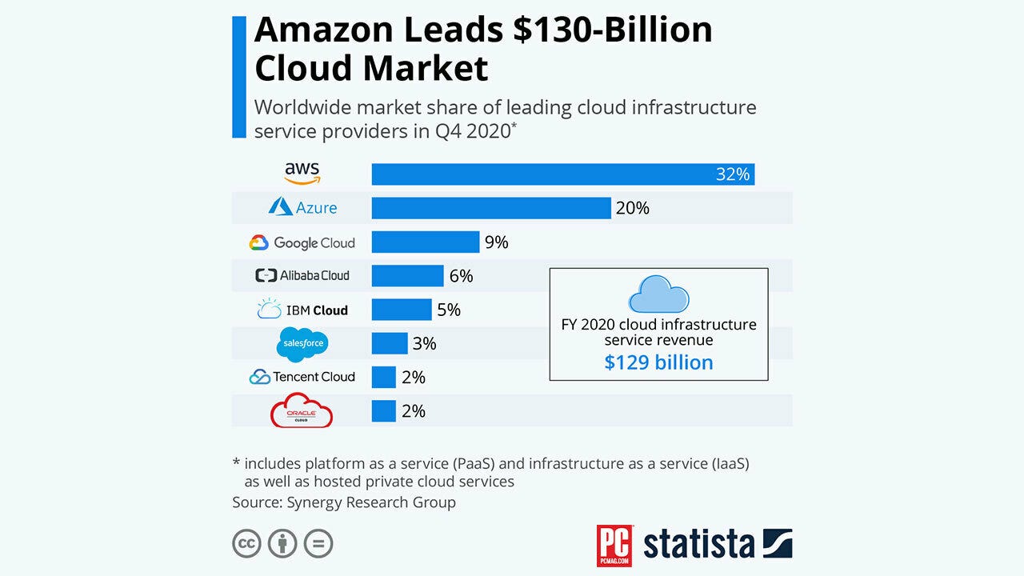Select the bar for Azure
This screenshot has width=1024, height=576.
pyautogui.click(x=491, y=208)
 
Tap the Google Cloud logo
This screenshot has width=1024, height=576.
pyautogui.click(x=302, y=242)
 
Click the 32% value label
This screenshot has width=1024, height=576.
pyautogui.click(x=732, y=174)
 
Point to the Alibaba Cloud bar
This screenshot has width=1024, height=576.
pyautogui.click(x=407, y=276)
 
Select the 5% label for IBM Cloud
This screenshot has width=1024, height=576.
pyautogui.click(x=449, y=310)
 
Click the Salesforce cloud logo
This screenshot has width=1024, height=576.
pyautogui.click(x=302, y=344)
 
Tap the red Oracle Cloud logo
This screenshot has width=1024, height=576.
pyautogui.click(x=302, y=410)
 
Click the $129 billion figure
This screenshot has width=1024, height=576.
pyautogui.click(x=658, y=362)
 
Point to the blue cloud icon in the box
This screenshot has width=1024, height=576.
pyautogui.click(x=658, y=294)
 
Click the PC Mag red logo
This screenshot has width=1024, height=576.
pyautogui.click(x=614, y=546)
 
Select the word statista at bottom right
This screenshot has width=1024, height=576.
pyautogui.click(x=698, y=544)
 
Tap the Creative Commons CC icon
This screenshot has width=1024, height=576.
pyautogui.click(x=247, y=543)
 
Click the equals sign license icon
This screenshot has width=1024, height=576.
pyautogui.click(x=318, y=543)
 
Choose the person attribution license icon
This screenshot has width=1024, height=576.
pyautogui.click(x=282, y=543)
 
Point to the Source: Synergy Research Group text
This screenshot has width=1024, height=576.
pyautogui.click(x=344, y=502)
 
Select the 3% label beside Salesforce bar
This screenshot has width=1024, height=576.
pyautogui.click(x=424, y=343)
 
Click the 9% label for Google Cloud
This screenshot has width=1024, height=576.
pyautogui.click(x=496, y=242)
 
